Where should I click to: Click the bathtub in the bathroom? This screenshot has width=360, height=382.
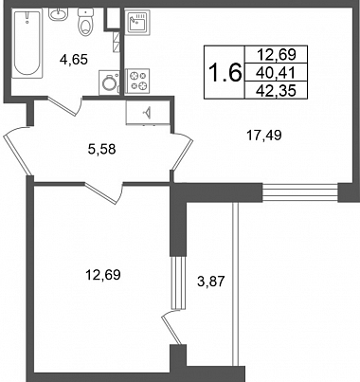(27, 44)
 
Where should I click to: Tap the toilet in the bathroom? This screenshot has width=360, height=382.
(84, 23)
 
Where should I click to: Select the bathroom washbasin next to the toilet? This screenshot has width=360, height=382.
(58, 14)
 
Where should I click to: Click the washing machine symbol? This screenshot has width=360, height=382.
(110, 82)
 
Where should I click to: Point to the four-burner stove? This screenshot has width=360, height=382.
(137, 81)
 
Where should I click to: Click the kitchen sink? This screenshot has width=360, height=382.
(137, 22)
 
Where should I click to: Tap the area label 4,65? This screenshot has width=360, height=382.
(74, 59)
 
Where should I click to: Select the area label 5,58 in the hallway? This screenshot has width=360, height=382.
(102, 149)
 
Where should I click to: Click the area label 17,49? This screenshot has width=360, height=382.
(263, 136)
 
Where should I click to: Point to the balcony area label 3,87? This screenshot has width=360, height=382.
(210, 281)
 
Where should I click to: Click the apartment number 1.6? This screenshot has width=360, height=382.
(225, 72)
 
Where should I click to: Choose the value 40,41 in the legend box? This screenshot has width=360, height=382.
(276, 73)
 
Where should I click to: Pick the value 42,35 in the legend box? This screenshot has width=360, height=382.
(276, 91)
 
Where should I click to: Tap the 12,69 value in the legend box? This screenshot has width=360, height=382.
(277, 55)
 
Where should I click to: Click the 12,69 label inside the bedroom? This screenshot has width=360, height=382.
(103, 275)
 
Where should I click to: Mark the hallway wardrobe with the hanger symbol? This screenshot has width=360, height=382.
(148, 113)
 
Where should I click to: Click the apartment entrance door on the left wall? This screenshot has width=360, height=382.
(17, 151)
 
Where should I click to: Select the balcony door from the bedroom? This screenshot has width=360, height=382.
(171, 327)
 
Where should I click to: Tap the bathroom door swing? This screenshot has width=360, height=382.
(65, 106)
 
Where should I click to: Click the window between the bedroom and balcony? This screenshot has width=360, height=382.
(178, 282)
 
